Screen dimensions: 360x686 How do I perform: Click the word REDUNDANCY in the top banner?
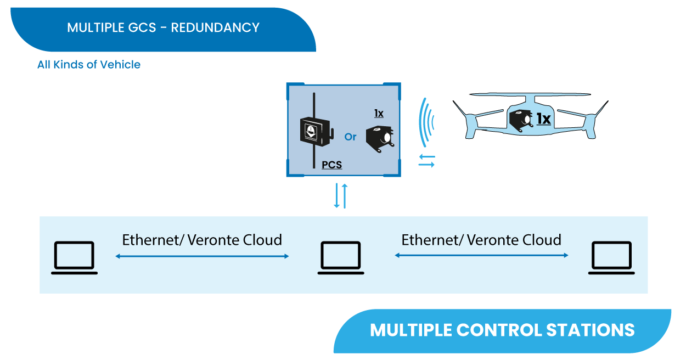point(215,27)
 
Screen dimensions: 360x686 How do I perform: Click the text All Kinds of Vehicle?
point(89,65)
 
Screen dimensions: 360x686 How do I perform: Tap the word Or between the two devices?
point(350,137)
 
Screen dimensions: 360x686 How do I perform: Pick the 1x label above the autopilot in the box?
point(379,114)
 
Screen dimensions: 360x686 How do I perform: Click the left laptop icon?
point(74,257)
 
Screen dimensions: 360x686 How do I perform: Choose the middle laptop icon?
point(340,257)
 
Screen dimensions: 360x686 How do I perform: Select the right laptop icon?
point(611,257)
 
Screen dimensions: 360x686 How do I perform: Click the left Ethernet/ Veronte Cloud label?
point(202,240)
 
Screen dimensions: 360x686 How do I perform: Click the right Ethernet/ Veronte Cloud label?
point(481,240)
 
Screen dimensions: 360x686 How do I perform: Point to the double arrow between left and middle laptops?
point(202,256)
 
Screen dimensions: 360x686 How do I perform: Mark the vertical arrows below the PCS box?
point(341,196)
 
